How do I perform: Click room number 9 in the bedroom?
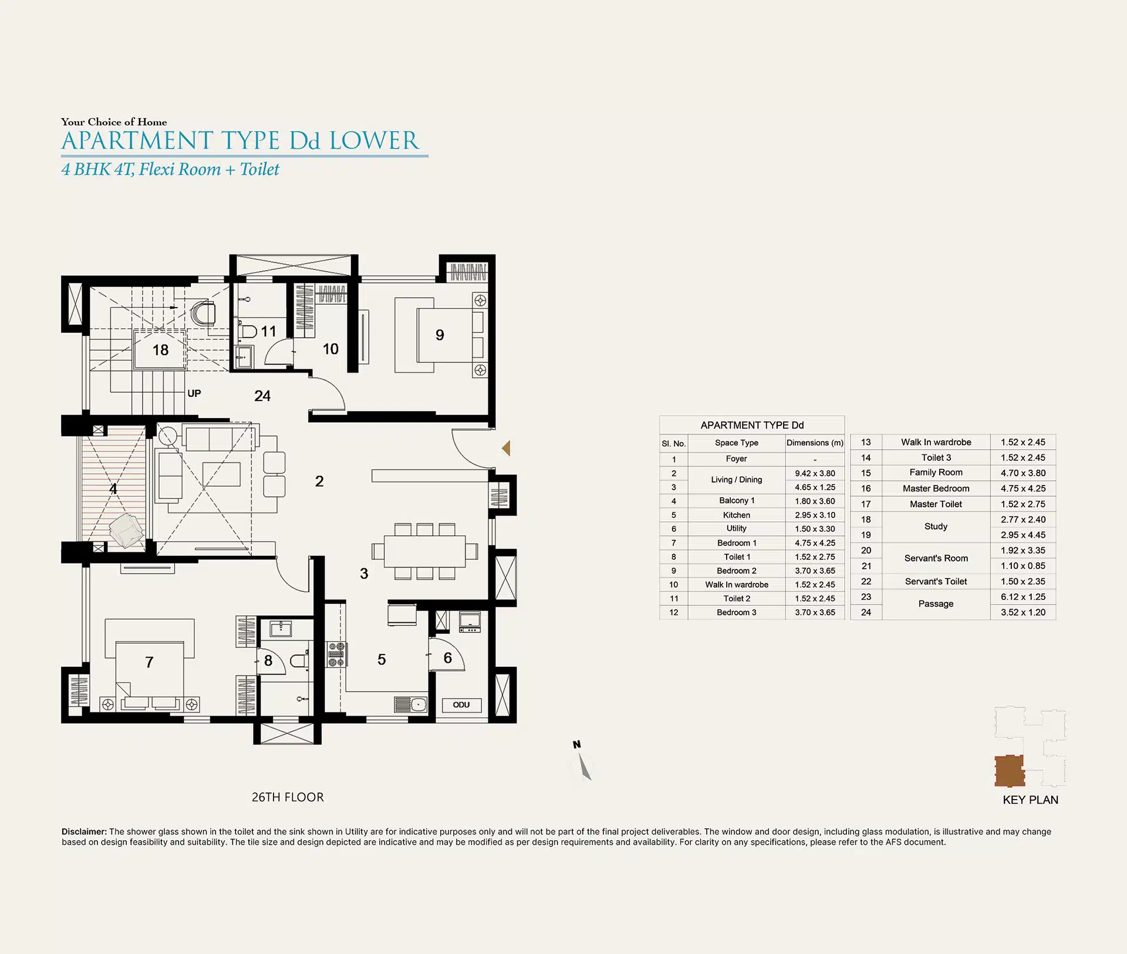pos(440,335)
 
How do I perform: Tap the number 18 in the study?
pos(160,350)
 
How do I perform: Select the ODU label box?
pos(461,705)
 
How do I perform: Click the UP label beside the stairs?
pos(194,393)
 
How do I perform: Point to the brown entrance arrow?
pos(507,449)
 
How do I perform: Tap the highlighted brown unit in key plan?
pos(1010,771)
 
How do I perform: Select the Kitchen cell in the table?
pos(737,515)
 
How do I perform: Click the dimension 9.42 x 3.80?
pos(815,473)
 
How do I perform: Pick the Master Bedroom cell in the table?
pos(936,488)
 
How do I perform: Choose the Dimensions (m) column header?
pos(815,443)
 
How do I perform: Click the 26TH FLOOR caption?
pos(288,797)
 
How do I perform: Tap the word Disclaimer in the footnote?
pos(84,831)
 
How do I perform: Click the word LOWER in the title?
pos(374,141)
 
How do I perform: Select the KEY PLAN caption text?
pos(1030,800)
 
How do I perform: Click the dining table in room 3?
pos(425,551)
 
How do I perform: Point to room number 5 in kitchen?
pos(382,659)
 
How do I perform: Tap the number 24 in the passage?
pos(262,396)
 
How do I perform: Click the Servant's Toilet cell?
pos(936,581)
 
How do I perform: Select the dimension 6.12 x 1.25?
pos(1023,597)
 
